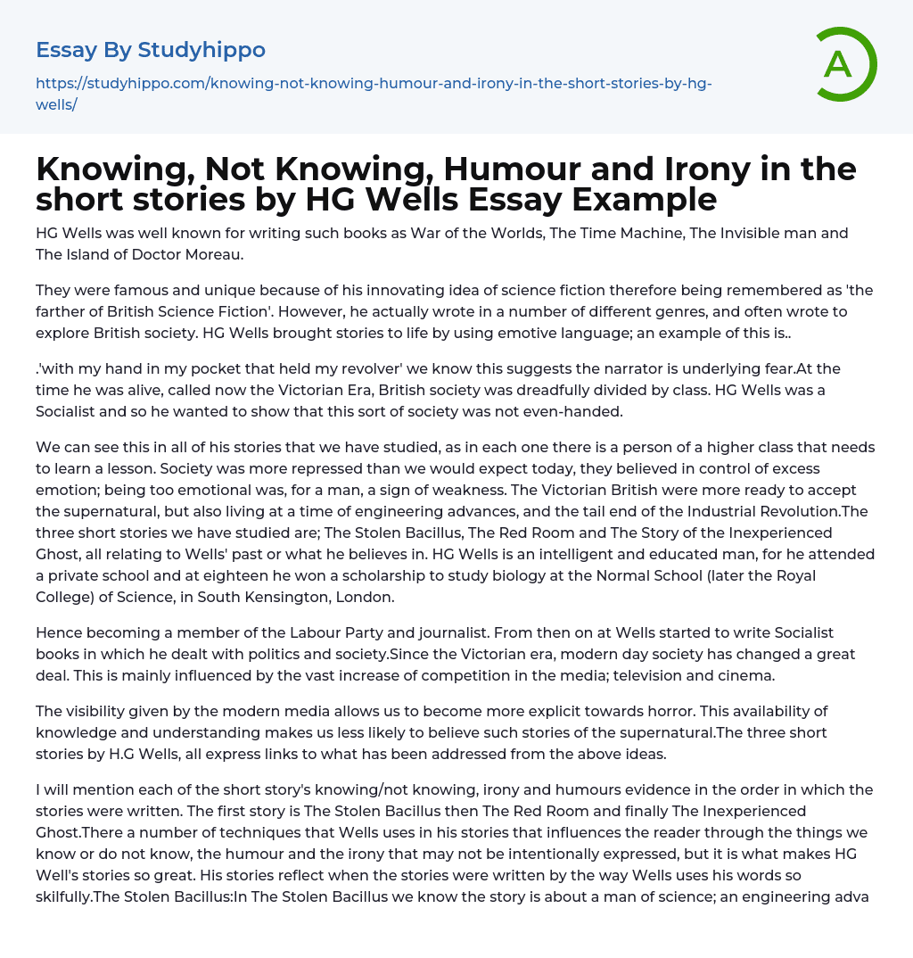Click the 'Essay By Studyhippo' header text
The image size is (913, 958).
pyautogui.click(x=151, y=50)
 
